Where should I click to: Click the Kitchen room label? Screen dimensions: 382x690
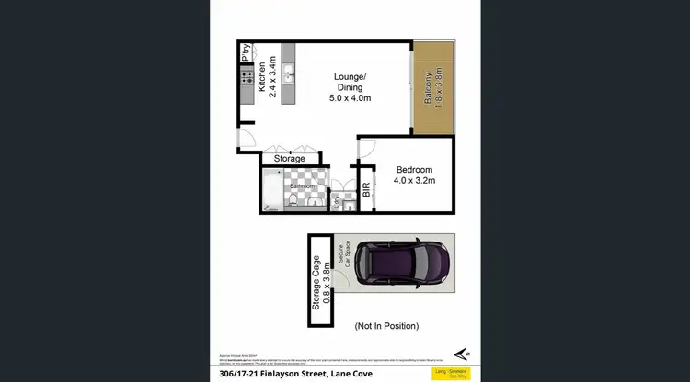[x=261, y=72]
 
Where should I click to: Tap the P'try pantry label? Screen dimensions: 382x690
[x=246, y=52]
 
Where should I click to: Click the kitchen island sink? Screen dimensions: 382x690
[x=288, y=74]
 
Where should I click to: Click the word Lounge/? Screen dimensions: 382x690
[x=350, y=75]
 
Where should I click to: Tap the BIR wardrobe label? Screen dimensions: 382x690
[x=366, y=189]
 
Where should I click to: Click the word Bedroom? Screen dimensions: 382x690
[x=414, y=170]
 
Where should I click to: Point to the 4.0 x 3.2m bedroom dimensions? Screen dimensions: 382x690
[x=414, y=181]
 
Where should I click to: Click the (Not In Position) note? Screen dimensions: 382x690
[x=386, y=326]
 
